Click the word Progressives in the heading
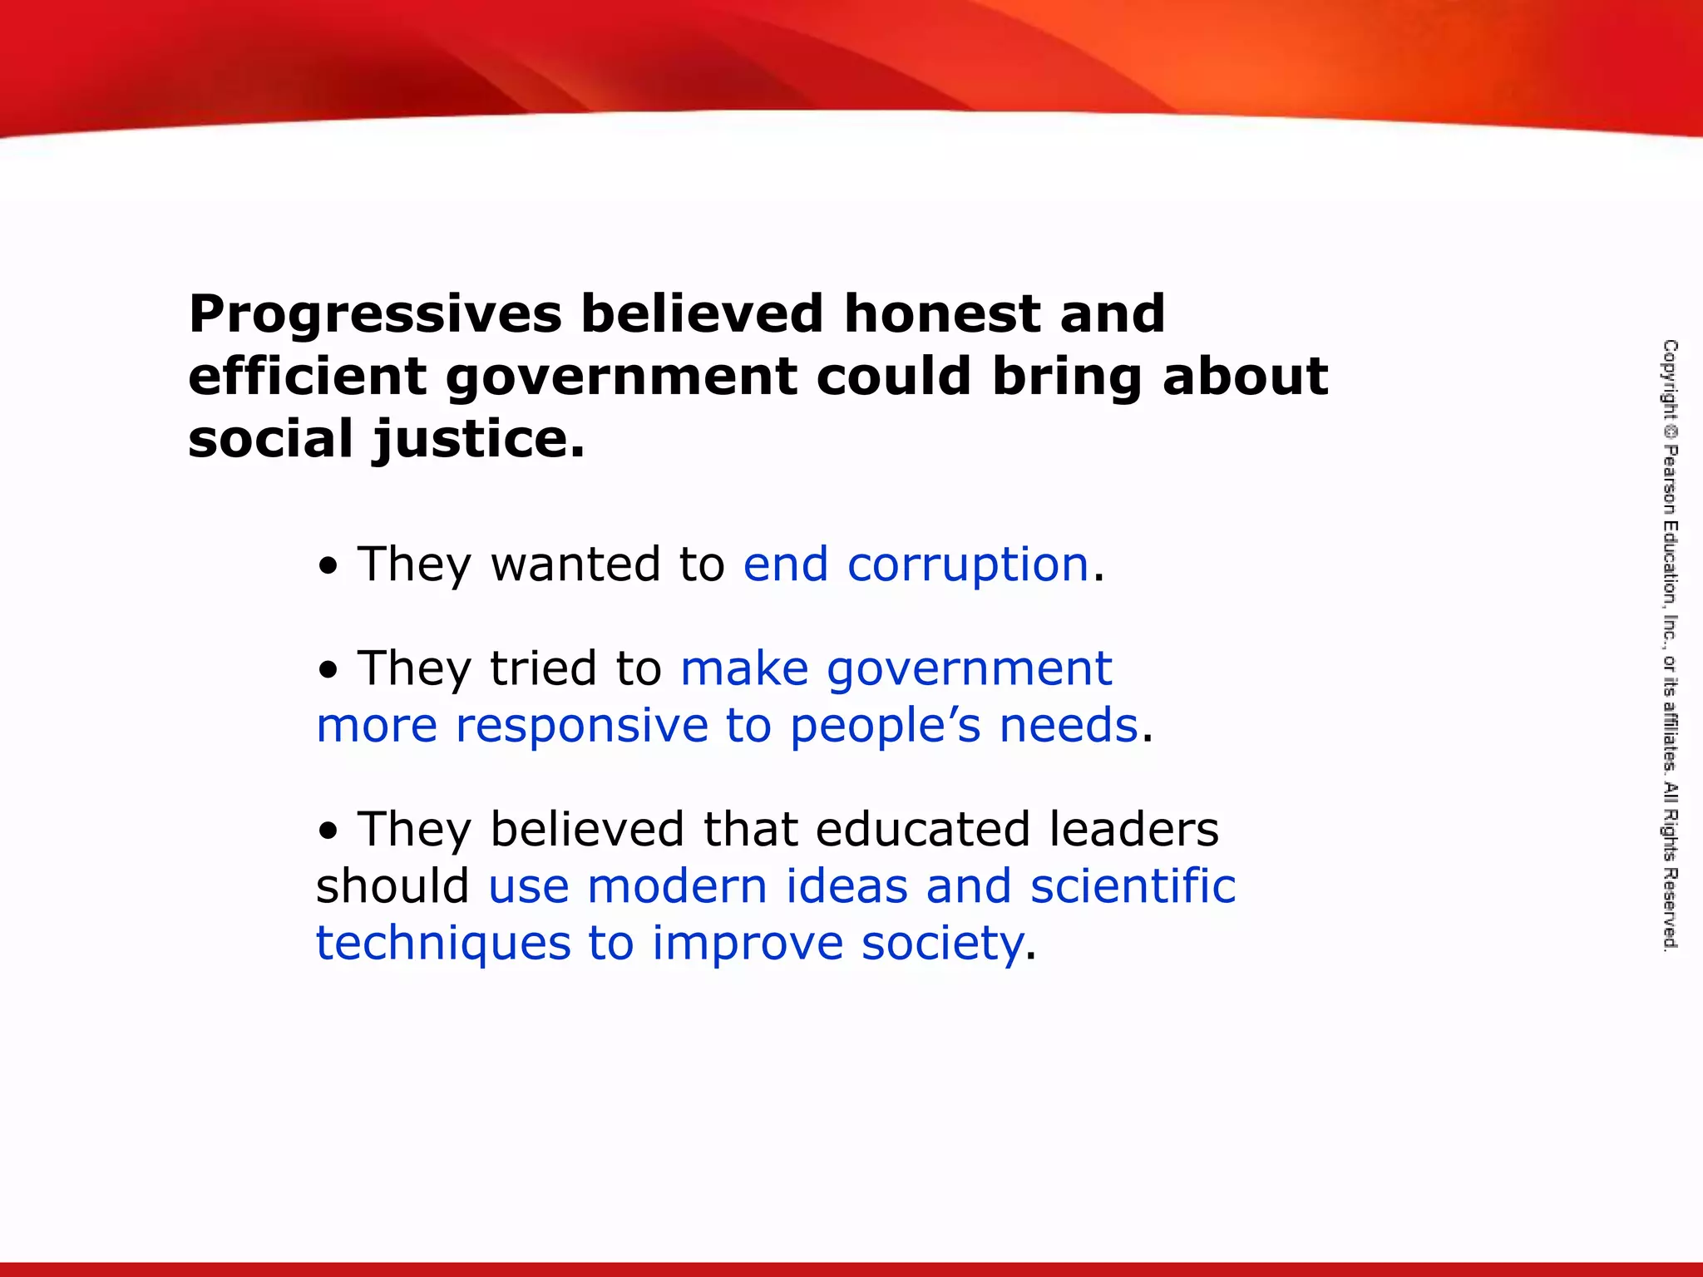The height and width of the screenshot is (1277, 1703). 375,314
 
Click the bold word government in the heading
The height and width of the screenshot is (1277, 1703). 621,377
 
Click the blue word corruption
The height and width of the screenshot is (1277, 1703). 968,566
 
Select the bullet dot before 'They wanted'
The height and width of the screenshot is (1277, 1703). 329,567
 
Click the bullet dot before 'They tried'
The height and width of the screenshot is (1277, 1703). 329,670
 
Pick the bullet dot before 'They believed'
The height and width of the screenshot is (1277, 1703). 329,831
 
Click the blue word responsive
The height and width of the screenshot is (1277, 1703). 581,727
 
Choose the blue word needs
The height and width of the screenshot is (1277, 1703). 1068,725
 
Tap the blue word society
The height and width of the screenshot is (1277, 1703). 941,944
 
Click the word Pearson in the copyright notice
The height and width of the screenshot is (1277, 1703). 1670,481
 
